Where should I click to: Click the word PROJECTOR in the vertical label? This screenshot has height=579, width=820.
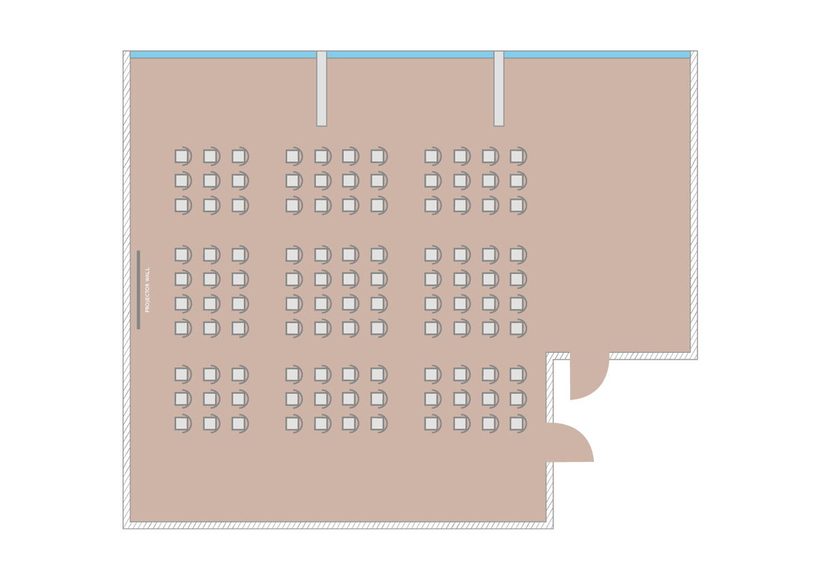(x=147, y=296)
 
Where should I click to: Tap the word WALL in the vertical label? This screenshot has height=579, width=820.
(x=147, y=273)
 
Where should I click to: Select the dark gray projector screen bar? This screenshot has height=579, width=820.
(x=138, y=289)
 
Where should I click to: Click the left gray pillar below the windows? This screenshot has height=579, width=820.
(x=321, y=89)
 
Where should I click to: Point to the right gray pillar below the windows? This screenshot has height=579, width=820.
(x=499, y=89)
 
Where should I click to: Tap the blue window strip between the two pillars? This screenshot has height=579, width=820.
(x=411, y=54)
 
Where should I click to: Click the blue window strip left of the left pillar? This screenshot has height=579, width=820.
(x=223, y=54)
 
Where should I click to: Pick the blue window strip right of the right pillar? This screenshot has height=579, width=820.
(x=597, y=54)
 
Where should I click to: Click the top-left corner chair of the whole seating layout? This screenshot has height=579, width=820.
(x=183, y=157)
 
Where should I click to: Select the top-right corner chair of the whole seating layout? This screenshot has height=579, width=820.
(x=518, y=157)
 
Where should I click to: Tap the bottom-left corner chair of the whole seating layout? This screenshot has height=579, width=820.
(x=183, y=424)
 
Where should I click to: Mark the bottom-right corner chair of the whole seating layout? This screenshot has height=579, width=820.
(x=518, y=424)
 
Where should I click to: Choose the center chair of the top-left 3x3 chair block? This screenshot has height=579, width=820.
(x=212, y=181)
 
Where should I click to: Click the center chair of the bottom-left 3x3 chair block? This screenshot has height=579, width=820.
(x=212, y=399)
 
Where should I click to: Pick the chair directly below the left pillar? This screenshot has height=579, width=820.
(x=323, y=157)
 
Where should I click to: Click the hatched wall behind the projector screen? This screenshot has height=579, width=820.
(x=127, y=289)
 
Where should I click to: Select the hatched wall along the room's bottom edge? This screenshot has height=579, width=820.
(x=338, y=526)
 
